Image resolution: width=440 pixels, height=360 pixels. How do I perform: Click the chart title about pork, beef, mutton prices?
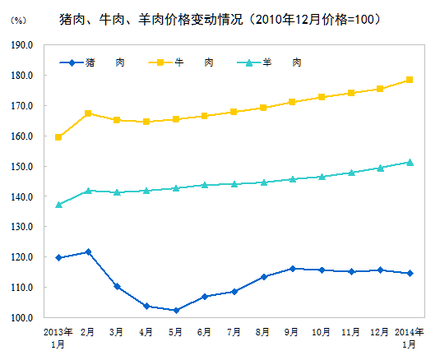[220, 18]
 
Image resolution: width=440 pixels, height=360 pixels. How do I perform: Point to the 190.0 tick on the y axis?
[22, 45]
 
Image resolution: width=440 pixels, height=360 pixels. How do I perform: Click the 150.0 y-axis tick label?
[22, 167]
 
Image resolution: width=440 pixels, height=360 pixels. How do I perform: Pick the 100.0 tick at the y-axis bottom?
[22, 318]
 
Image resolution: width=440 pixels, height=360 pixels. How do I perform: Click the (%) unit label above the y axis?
[18, 20]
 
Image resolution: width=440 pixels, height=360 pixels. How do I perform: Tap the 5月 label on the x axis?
[175, 332]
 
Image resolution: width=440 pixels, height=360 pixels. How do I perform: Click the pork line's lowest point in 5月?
[175, 311]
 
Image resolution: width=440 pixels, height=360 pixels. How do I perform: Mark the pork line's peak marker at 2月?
[88, 252]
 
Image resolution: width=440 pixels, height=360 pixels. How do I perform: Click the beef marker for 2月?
[88, 113]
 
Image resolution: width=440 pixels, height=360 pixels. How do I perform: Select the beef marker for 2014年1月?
[410, 80]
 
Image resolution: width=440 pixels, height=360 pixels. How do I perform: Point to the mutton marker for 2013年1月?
[58, 205]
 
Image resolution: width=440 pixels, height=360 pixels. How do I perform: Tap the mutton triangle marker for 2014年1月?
[410, 162]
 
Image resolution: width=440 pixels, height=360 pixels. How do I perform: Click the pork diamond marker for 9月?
[292, 269]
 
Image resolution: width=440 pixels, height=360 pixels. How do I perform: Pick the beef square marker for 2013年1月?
[58, 137]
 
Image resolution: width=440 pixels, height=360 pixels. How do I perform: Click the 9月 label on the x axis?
[292, 332]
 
